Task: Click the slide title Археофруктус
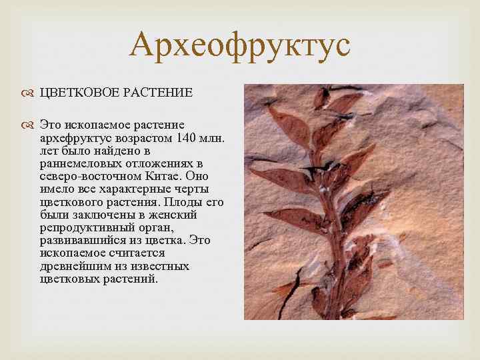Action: click(240, 45)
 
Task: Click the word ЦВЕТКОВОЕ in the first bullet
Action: click(78, 93)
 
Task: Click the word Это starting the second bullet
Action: click(51, 125)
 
